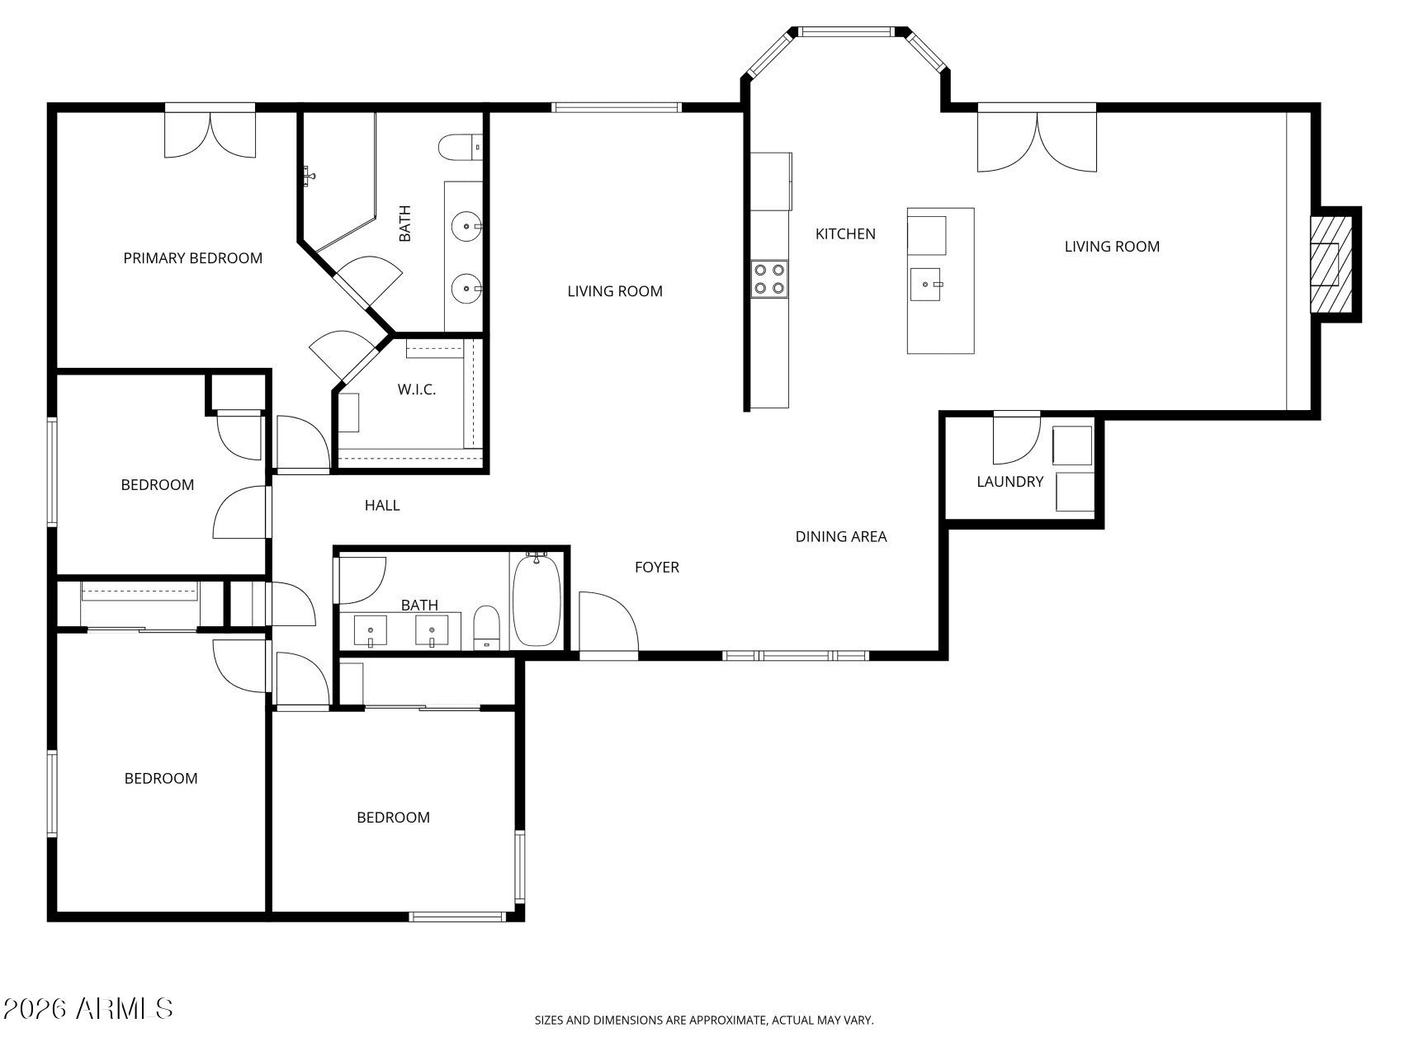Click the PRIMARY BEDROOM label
coord(192,258)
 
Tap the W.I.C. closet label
coord(416,389)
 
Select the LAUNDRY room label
coord(1009,482)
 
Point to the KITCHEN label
coord(845,234)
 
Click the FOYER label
coord(656,568)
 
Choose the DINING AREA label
coord(840,537)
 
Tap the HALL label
coord(382,506)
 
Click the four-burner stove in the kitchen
coord(768,279)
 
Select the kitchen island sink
coord(925,285)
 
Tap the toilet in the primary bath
coord(459,148)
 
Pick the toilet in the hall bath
coord(487,629)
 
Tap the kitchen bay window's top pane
coord(846,32)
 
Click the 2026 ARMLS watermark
coord(87,1008)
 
